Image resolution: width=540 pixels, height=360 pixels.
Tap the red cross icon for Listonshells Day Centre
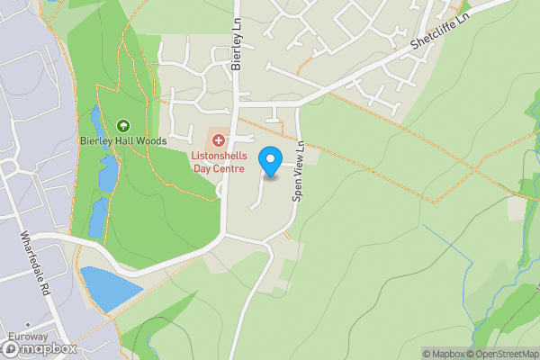[217, 139]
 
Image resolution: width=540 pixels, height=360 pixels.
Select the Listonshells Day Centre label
[217, 161]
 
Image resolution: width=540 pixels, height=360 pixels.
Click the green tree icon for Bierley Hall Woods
[123, 126]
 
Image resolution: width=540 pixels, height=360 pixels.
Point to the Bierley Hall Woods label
[123, 142]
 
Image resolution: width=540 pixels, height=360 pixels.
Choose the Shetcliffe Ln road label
[441, 31]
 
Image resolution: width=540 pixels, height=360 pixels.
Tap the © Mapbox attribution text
[445, 354]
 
